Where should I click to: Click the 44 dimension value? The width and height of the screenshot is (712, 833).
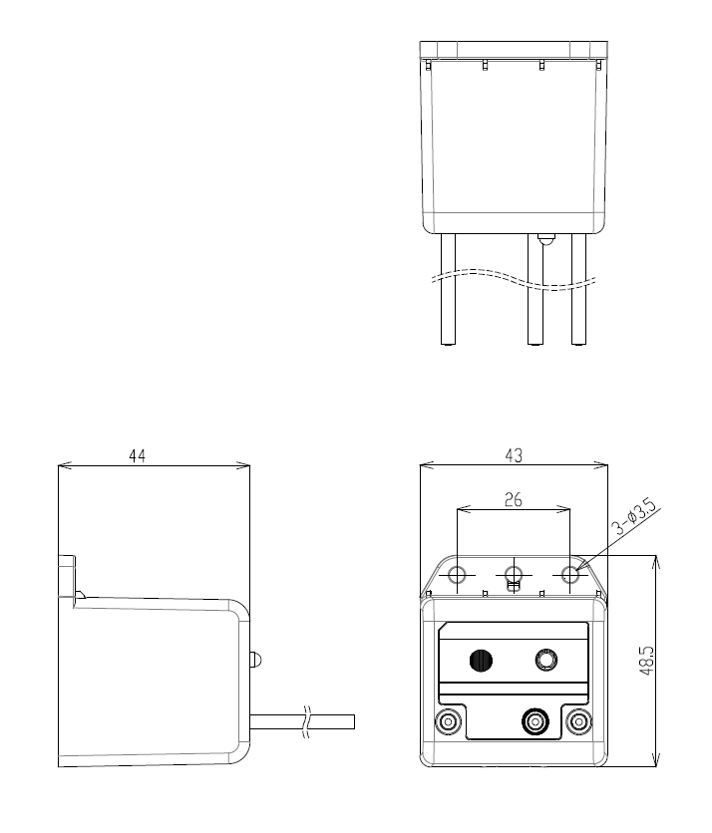pyautogui.click(x=138, y=455)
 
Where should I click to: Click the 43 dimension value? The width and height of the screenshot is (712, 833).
pyautogui.click(x=514, y=455)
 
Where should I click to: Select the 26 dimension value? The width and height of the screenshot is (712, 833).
pyautogui.click(x=514, y=500)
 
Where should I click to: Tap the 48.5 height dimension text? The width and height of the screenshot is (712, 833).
pyautogui.click(x=646, y=661)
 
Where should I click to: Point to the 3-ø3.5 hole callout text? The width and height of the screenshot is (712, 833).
pyautogui.click(x=634, y=517)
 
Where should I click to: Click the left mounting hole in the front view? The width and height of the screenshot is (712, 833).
pyautogui.click(x=458, y=574)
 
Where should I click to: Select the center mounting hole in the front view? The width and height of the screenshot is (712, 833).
pyautogui.click(x=514, y=574)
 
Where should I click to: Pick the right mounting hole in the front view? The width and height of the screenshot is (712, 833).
pyautogui.click(x=570, y=574)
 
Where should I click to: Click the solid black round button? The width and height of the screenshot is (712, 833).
pyautogui.click(x=482, y=661)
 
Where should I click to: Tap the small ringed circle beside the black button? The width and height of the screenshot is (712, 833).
pyautogui.click(x=546, y=661)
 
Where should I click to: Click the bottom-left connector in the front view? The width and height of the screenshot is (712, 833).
pyautogui.click(x=449, y=722)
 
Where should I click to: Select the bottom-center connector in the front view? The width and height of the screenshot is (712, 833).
pyautogui.click(x=534, y=722)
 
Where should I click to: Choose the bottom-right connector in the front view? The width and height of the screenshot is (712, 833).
pyautogui.click(x=578, y=722)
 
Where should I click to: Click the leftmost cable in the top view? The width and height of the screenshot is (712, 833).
pyautogui.click(x=449, y=290)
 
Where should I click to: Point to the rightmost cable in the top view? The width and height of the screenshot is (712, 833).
pyautogui.click(x=579, y=290)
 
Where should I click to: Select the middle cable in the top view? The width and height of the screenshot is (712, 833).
pyautogui.click(x=534, y=290)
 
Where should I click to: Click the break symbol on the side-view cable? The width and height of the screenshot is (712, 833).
pyautogui.click(x=307, y=722)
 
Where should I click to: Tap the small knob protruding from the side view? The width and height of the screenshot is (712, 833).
pyautogui.click(x=255, y=660)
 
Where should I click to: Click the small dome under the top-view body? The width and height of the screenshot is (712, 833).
pyautogui.click(x=546, y=239)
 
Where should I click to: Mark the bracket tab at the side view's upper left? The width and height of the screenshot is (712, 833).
pyautogui.click(x=67, y=575)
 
